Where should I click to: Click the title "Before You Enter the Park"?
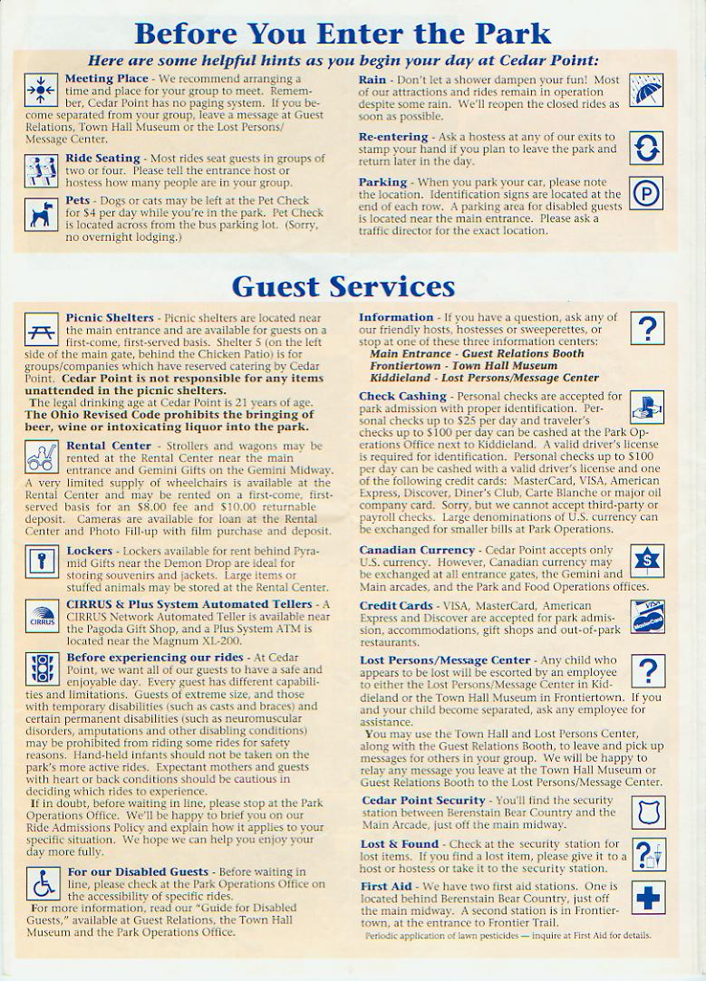click(x=343, y=34)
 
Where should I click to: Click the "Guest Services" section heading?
click(x=343, y=286)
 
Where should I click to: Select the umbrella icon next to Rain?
click(x=646, y=91)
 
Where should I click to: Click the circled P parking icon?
click(x=646, y=194)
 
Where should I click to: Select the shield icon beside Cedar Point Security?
click(x=647, y=812)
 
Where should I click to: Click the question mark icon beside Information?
click(x=647, y=331)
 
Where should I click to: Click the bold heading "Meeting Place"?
click(x=100, y=79)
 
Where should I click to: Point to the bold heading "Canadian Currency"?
click(x=416, y=550)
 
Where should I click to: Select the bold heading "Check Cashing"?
click(x=402, y=396)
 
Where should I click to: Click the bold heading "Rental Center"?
click(x=108, y=446)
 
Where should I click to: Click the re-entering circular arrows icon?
click(x=646, y=147)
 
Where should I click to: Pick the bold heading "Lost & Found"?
click(x=398, y=844)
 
